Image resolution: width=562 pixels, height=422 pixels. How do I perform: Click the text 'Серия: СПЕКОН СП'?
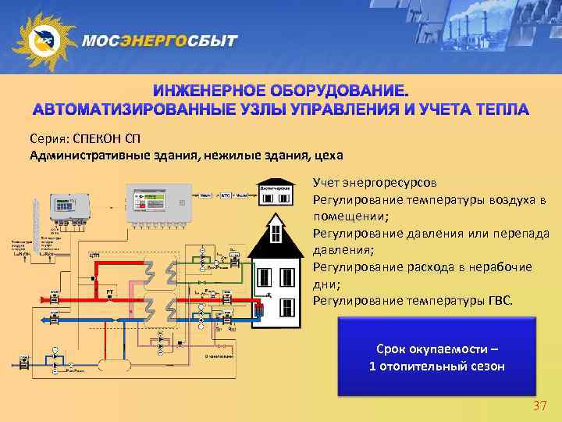[x=75, y=138]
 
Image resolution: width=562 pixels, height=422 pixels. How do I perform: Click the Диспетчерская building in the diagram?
[x=275, y=195]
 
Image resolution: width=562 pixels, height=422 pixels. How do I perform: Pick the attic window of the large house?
[x=276, y=232]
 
